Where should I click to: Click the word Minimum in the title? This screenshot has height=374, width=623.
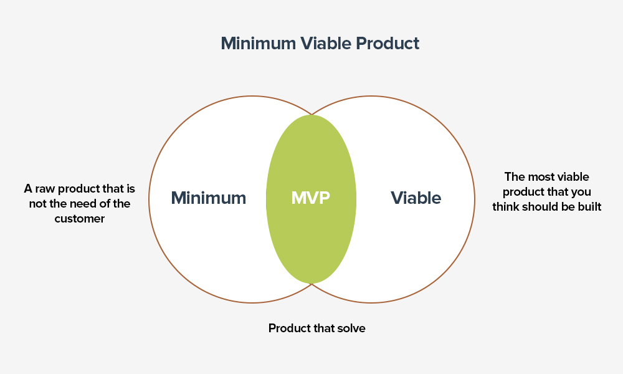(x=259, y=44)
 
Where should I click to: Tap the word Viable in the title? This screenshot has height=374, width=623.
(x=326, y=44)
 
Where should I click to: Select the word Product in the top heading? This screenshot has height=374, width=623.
(x=388, y=44)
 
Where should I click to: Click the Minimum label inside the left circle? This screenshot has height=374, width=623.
(x=209, y=198)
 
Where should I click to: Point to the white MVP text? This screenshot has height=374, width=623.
(x=311, y=198)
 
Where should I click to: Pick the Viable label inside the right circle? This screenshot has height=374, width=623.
(x=416, y=198)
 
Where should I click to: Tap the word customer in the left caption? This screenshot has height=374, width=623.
(x=80, y=219)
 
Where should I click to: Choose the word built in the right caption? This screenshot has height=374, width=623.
(x=590, y=207)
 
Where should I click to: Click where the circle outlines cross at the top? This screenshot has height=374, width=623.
(x=312, y=115)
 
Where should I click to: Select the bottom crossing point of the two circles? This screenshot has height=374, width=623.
(x=312, y=284)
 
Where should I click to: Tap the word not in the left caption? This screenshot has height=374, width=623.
(x=38, y=204)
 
